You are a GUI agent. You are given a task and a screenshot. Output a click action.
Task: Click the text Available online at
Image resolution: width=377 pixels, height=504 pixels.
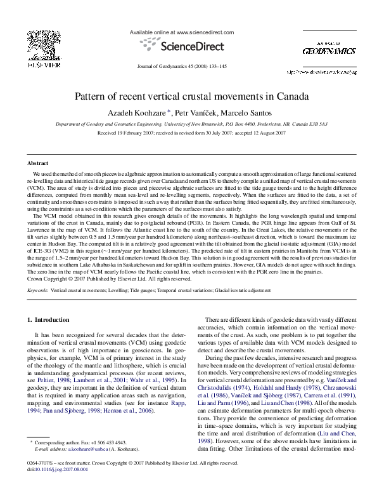pyautogui.click(x=152, y=31)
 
